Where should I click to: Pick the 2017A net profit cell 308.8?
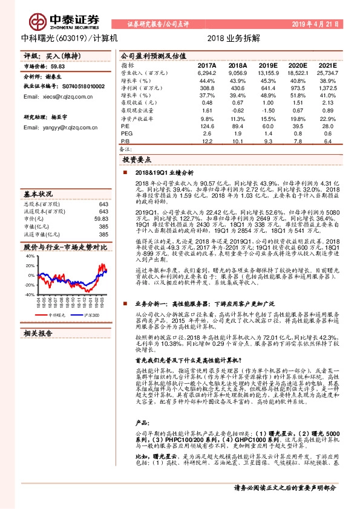coord(207,88)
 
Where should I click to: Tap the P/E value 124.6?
coord(207,126)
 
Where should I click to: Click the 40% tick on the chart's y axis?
coord(30,256)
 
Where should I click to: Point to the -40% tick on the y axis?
coord(28,294)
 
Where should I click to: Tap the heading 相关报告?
coord(38,333)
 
